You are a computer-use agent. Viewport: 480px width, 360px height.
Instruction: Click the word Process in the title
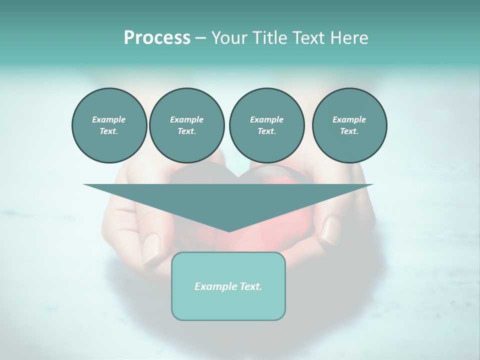(x=157, y=38)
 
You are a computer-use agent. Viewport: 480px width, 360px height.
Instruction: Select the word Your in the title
(x=228, y=38)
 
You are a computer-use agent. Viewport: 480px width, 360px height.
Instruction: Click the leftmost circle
(x=109, y=125)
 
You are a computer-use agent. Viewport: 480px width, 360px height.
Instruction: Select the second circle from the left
(x=186, y=125)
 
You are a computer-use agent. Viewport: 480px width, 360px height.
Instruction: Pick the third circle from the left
(x=266, y=125)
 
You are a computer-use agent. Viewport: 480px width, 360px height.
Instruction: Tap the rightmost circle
(x=349, y=125)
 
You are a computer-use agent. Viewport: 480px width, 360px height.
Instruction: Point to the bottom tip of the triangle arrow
(x=228, y=231)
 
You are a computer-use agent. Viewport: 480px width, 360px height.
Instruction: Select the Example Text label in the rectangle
(x=228, y=286)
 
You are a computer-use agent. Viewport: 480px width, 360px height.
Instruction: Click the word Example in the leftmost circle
(x=109, y=119)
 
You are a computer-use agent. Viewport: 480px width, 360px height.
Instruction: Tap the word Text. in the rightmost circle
(x=349, y=131)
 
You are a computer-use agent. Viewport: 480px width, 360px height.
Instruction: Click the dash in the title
(x=200, y=38)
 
